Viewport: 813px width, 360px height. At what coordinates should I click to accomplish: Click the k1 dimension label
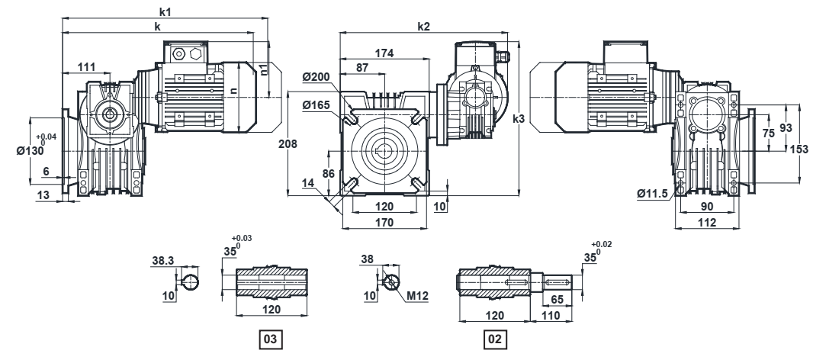click(x=165, y=14)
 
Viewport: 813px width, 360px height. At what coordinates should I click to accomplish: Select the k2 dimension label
click(x=424, y=26)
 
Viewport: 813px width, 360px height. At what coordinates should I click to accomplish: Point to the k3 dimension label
click(x=518, y=119)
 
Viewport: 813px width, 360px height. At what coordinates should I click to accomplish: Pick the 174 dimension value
click(x=384, y=53)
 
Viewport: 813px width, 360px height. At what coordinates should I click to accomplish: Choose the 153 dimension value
click(x=799, y=149)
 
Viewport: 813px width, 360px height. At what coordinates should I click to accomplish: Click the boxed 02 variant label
click(x=497, y=336)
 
